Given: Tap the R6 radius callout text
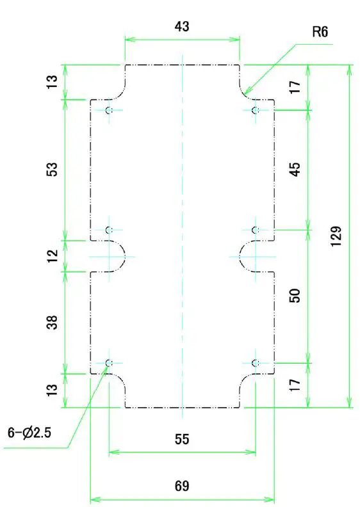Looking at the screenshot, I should [x=320, y=31].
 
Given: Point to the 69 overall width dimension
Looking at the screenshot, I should [x=182, y=486].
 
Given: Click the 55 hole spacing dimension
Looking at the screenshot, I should [x=182, y=439].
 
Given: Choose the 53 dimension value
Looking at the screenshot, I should [x=53, y=170].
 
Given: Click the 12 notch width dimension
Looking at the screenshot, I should [x=53, y=255].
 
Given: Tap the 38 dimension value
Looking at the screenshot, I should [x=53, y=322].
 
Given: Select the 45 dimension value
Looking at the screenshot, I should [x=295, y=170].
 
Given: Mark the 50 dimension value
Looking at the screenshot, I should [x=295, y=296].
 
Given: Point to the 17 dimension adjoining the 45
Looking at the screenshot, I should [x=295, y=88].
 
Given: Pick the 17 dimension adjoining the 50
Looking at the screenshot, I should [x=295, y=385].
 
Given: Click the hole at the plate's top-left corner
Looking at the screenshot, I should [x=109, y=111].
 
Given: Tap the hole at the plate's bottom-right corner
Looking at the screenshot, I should [x=256, y=364].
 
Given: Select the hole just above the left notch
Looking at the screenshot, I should [x=109, y=230].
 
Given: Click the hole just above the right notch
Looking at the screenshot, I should [x=256, y=230].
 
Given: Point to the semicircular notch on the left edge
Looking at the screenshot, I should [x=118, y=256].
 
